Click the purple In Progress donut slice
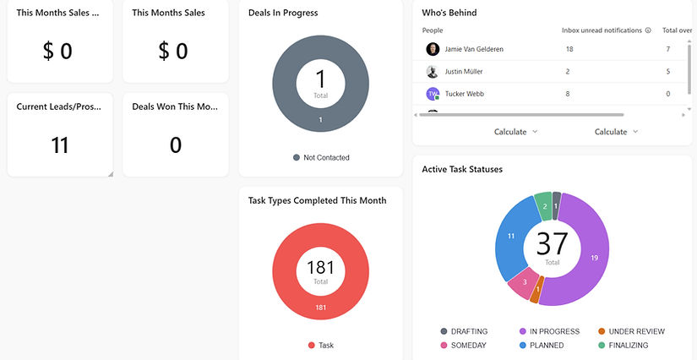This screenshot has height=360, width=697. tap(591, 254)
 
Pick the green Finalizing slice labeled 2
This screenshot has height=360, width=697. tap(544, 206)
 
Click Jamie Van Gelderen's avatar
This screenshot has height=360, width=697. tap(433, 49)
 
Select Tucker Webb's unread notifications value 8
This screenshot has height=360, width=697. tap(568, 94)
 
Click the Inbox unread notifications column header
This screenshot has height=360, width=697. tap(602, 30)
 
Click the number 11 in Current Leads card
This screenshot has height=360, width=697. tap(60, 145)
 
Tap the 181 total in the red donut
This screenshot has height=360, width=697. tap(320, 268)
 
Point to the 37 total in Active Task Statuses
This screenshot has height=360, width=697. tap(552, 243)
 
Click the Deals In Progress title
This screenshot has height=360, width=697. tap(283, 14)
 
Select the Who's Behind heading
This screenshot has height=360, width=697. tap(449, 14)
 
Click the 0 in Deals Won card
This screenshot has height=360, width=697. tap(176, 145)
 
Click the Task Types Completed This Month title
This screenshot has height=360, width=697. tap(318, 201)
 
